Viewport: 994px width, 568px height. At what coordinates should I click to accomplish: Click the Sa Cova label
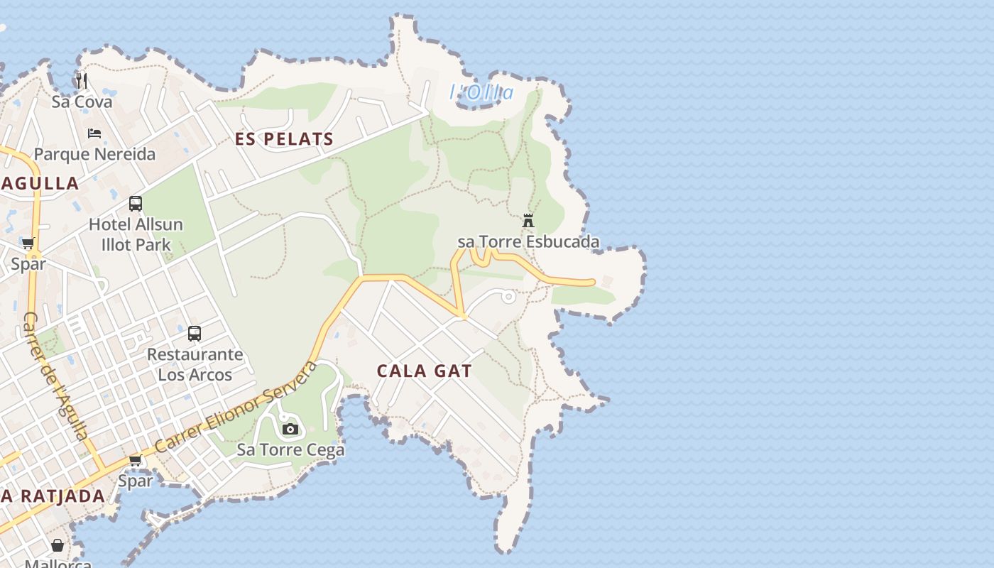click(x=82, y=102)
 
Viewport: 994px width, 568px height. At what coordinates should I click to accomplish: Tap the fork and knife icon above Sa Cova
click(x=82, y=80)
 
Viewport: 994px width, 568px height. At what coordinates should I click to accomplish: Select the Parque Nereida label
click(x=94, y=154)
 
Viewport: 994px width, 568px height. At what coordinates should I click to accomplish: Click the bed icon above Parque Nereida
click(x=94, y=133)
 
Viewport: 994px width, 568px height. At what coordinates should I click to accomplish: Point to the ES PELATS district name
click(x=284, y=139)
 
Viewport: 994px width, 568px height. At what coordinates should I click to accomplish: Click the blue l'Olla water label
click(x=481, y=92)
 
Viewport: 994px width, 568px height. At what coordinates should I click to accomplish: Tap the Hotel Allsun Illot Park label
click(x=136, y=234)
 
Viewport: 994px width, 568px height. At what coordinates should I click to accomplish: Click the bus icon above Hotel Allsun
click(x=136, y=204)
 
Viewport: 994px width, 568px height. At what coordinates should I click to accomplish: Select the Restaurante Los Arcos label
click(x=195, y=364)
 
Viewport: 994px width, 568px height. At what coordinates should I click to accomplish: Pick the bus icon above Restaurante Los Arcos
click(x=195, y=333)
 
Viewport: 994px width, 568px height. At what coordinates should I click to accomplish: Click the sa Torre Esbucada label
click(x=528, y=242)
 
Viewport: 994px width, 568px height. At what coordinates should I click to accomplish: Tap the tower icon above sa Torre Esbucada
click(x=528, y=221)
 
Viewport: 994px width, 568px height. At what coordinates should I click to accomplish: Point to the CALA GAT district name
click(x=424, y=371)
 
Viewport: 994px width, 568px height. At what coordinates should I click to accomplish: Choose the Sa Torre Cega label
click(x=290, y=449)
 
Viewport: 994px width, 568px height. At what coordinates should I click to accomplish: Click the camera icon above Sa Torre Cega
click(x=290, y=429)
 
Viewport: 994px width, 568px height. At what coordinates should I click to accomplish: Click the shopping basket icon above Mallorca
click(x=58, y=545)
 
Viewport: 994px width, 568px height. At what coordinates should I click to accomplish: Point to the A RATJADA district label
click(x=53, y=496)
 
